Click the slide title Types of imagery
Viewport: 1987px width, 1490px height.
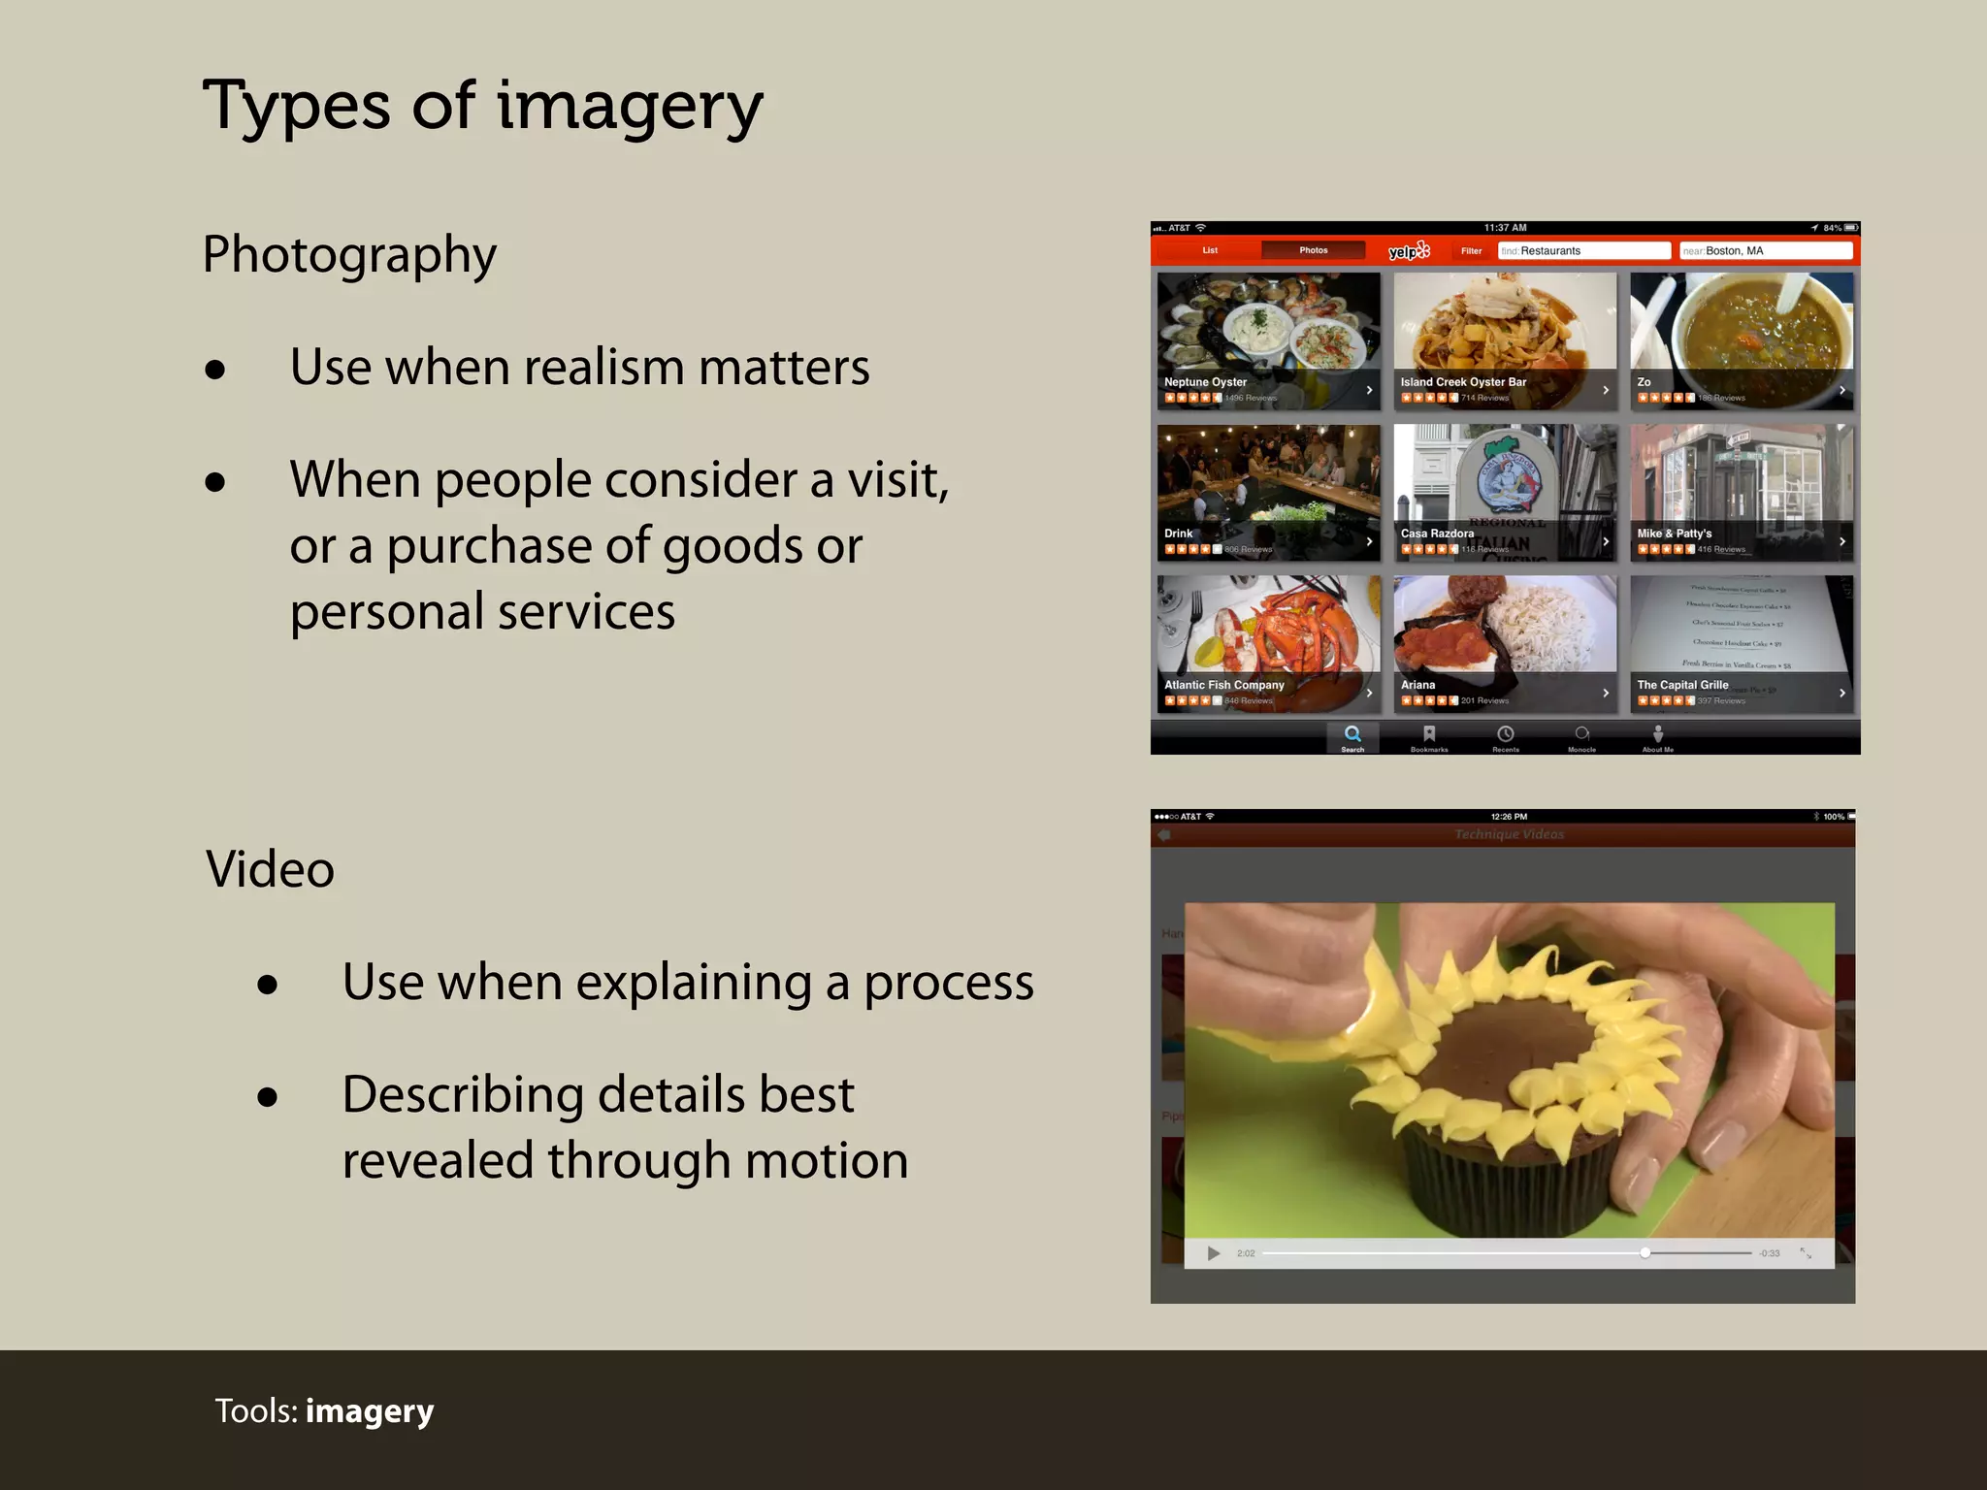(482, 107)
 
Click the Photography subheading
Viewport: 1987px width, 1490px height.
(349, 255)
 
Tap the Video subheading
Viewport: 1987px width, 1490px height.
(270, 868)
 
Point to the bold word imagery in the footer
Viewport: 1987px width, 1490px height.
(370, 1410)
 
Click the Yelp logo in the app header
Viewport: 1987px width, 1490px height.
(1409, 251)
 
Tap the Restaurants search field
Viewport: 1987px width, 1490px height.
(1583, 251)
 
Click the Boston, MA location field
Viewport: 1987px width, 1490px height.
(1765, 251)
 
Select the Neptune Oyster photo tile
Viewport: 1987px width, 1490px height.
(1268, 330)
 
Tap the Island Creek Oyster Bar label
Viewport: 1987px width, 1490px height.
(1463, 382)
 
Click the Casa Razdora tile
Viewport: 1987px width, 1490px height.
(1505, 493)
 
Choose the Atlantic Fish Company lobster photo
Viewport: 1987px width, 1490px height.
(1268, 631)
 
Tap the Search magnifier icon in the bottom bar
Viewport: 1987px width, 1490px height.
(1352, 734)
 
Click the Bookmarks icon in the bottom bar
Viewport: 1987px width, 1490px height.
(1429, 734)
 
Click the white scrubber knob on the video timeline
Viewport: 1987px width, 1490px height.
(1645, 1253)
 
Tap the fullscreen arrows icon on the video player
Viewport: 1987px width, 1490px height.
(1806, 1253)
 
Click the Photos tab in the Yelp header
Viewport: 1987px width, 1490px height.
(1313, 251)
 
